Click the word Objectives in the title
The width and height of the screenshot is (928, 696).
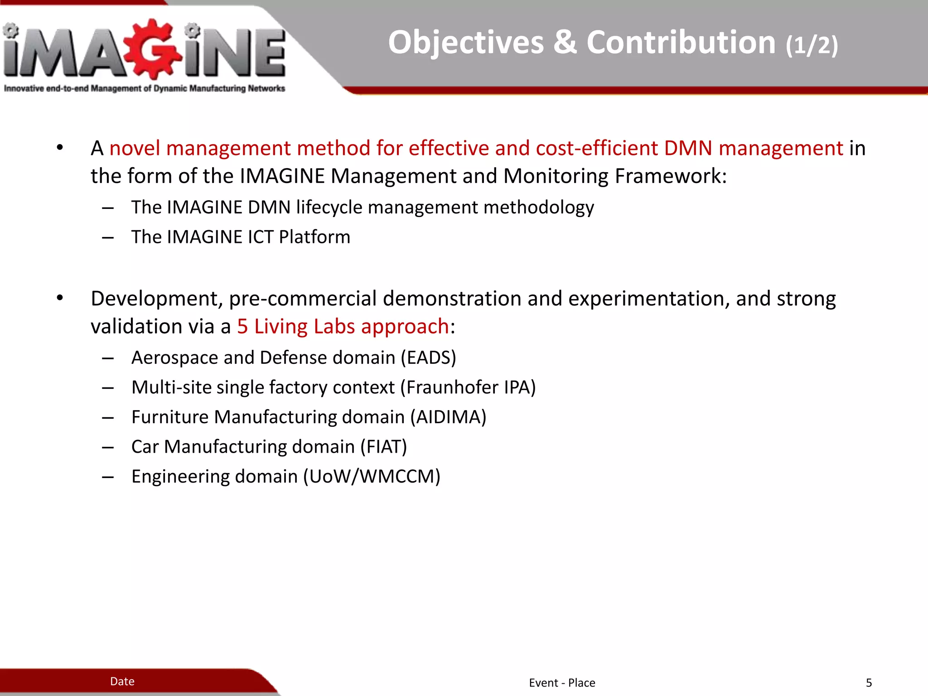[466, 43]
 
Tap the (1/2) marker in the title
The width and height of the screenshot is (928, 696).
[812, 45]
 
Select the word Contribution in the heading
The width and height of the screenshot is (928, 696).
[681, 43]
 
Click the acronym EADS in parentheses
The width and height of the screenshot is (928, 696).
[428, 358]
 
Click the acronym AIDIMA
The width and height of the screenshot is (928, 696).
[448, 417]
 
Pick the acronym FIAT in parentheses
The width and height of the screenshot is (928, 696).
[384, 447]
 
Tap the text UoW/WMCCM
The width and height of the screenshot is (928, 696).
[372, 477]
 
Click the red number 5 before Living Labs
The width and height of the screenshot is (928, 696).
[242, 327]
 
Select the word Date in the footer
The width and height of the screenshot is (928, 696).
[122, 681]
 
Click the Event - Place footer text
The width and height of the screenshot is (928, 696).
[562, 683]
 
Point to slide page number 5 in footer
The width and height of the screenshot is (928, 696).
[869, 683]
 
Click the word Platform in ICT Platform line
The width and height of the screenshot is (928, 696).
[314, 237]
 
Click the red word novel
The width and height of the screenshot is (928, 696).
[135, 149]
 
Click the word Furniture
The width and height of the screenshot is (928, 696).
[169, 417]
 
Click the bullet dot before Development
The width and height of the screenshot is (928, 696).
[60, 298]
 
